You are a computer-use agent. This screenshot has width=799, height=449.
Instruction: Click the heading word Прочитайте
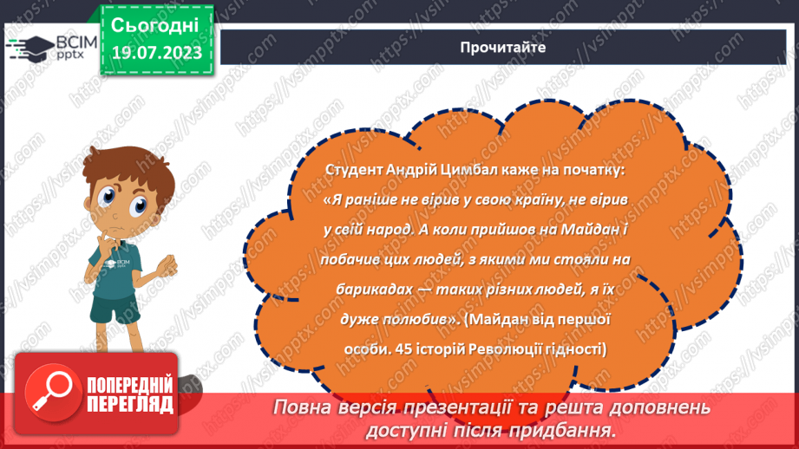click(503, 48)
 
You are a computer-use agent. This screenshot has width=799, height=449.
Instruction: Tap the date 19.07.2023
click(156, 53)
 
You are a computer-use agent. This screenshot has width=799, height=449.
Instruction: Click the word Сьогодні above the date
click(156, 23)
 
